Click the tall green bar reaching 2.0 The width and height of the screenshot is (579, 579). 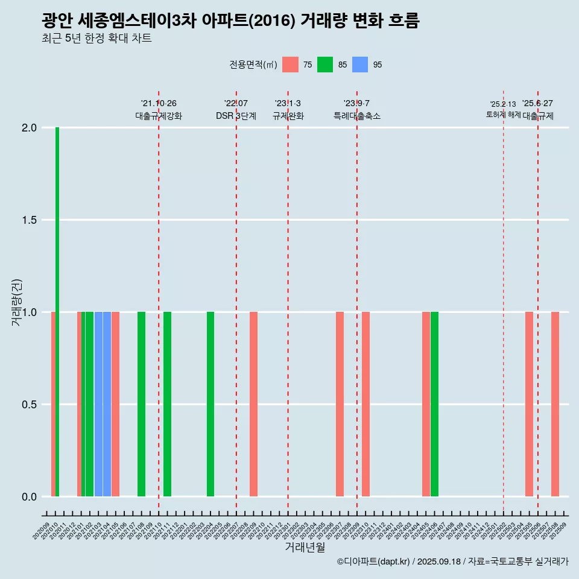pyautogui.click(x=57, y=312)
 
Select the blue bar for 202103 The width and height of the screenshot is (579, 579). pyautogui.click(x=98, y=404)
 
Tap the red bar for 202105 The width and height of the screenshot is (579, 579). pyautogui.click(x=115, y=404)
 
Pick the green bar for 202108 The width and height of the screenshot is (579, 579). pyautogui.click(x=141, y=404)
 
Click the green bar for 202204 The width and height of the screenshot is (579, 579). pyautogui.click(x=210, y=404)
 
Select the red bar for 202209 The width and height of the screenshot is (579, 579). pyautogui.click(x=253, y=404)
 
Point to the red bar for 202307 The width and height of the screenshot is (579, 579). pyautogui.click(x=340, y=404)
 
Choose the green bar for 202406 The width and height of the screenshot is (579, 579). pyautogui.click(x=434, y=404)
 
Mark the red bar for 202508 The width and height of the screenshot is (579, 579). pyautogui.click(x=555, y=404)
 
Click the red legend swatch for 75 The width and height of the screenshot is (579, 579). pyautogui.click(x=291, y=65)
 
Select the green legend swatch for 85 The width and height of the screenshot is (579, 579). pyautogui.click(x=325, y=65)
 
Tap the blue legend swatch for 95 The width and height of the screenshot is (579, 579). pyautogui.click(x=360, y=65)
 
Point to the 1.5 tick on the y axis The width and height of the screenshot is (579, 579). pyautogui.click(x=30, y=220)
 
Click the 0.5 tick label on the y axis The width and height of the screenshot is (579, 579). pyautogui.click(x=30, y=405)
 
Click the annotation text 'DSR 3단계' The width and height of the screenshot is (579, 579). pyautogui.click(x=236, y=116)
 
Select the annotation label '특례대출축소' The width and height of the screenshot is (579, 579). pyautogui.click(x=357, y=116)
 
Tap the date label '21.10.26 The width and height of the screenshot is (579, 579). pyautogui.click(x=159, y=103)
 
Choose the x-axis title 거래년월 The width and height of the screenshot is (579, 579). pyautogui.click(x=305, y=548)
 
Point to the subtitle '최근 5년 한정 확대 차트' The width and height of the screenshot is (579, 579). pyautogui.click(x=96, y=38)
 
